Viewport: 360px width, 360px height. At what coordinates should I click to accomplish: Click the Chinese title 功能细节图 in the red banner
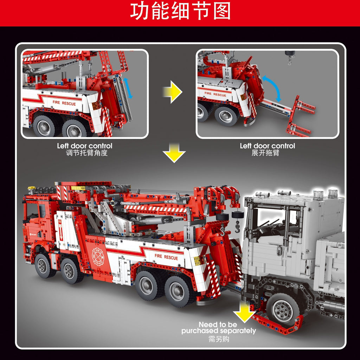[180, 12]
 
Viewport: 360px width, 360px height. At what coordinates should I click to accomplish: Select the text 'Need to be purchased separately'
[218, 328]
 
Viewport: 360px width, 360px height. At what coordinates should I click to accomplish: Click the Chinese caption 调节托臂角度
[84, 153]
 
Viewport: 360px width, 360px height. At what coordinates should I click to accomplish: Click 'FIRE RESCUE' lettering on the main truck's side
[166, 257]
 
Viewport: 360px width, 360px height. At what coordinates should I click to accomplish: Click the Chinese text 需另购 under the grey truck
[218, 339]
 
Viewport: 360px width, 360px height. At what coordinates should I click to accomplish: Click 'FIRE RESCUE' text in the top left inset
[64, 103]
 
